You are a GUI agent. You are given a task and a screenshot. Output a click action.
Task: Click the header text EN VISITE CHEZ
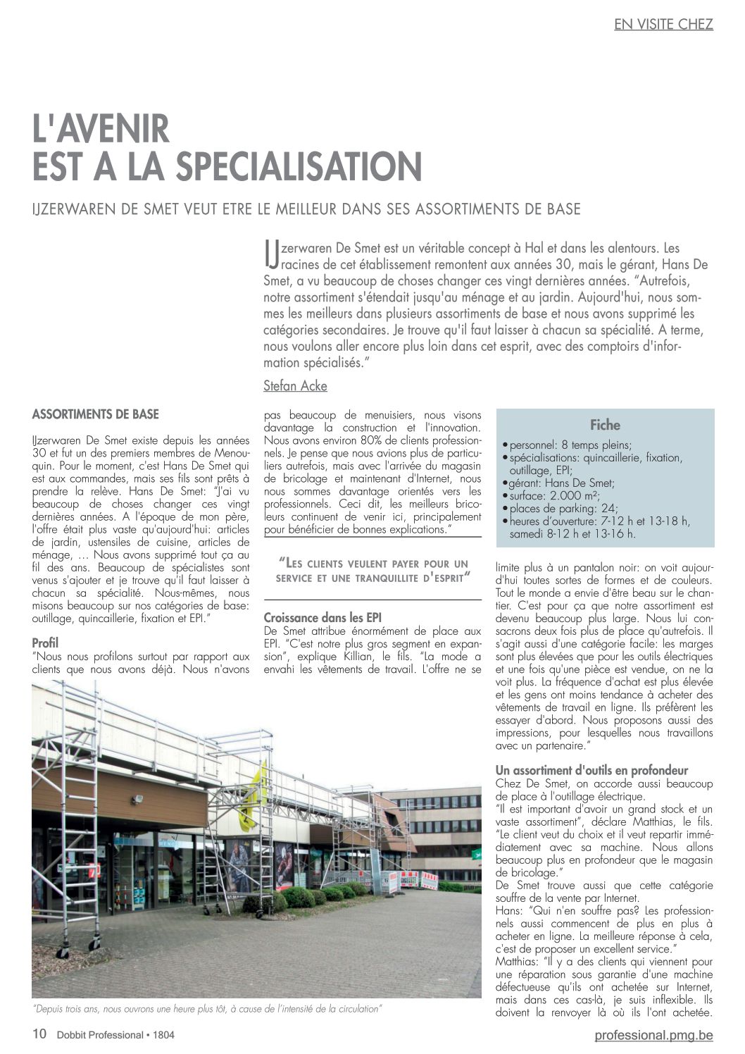663,24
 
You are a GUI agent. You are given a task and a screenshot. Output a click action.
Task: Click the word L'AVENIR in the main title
101,130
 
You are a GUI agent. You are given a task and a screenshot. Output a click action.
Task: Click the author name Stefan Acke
295,385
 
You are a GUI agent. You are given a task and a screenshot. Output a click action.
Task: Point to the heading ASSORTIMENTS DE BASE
96,414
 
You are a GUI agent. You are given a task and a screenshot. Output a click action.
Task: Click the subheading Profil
45,643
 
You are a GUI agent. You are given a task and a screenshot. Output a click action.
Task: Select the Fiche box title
605,425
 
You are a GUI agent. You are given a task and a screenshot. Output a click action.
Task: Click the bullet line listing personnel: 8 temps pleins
569,445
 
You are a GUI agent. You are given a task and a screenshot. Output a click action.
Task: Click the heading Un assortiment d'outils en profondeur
591,770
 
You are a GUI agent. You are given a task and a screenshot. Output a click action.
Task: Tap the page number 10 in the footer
39,1034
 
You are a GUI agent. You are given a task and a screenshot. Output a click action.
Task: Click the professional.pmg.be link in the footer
653,1035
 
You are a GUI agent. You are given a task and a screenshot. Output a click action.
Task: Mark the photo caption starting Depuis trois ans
207,1009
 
